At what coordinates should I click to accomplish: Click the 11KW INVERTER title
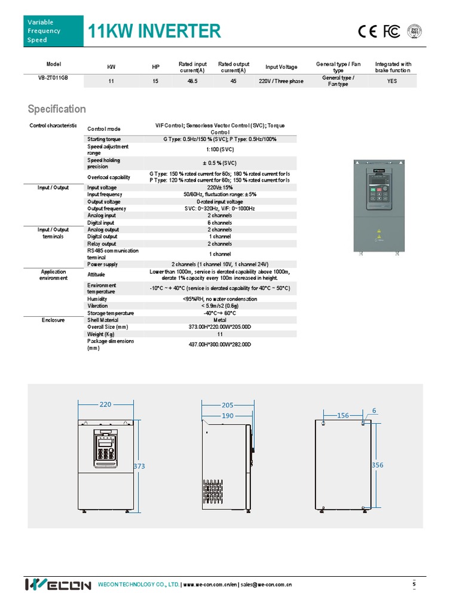click(x=154, y=31)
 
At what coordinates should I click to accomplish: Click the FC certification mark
click(x=391, y=32)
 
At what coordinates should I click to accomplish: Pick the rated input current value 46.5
click(x=193, y=81)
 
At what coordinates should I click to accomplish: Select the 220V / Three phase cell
click(x=281, y=81)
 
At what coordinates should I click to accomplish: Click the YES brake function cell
click(x=392, y=81)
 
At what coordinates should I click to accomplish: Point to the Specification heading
click(x=57, y=109)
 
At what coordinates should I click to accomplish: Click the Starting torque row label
click(x=104, y=139)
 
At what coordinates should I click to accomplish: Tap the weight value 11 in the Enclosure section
click(x=220, y=334)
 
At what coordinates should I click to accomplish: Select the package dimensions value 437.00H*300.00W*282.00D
click(x=220, y=344)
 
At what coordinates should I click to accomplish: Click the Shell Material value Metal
click(x=220, y=320)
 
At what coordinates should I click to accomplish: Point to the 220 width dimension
click(x=105, y=405)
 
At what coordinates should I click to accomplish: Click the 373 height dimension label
click(x=140, y=466)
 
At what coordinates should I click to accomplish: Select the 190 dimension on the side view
click(x=227, y=415)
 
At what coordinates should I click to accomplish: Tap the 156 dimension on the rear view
click(x=343, y=415)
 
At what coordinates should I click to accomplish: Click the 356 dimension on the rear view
click(x=378, y=464)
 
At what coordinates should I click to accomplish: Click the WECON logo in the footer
click(x=58, y=585)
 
